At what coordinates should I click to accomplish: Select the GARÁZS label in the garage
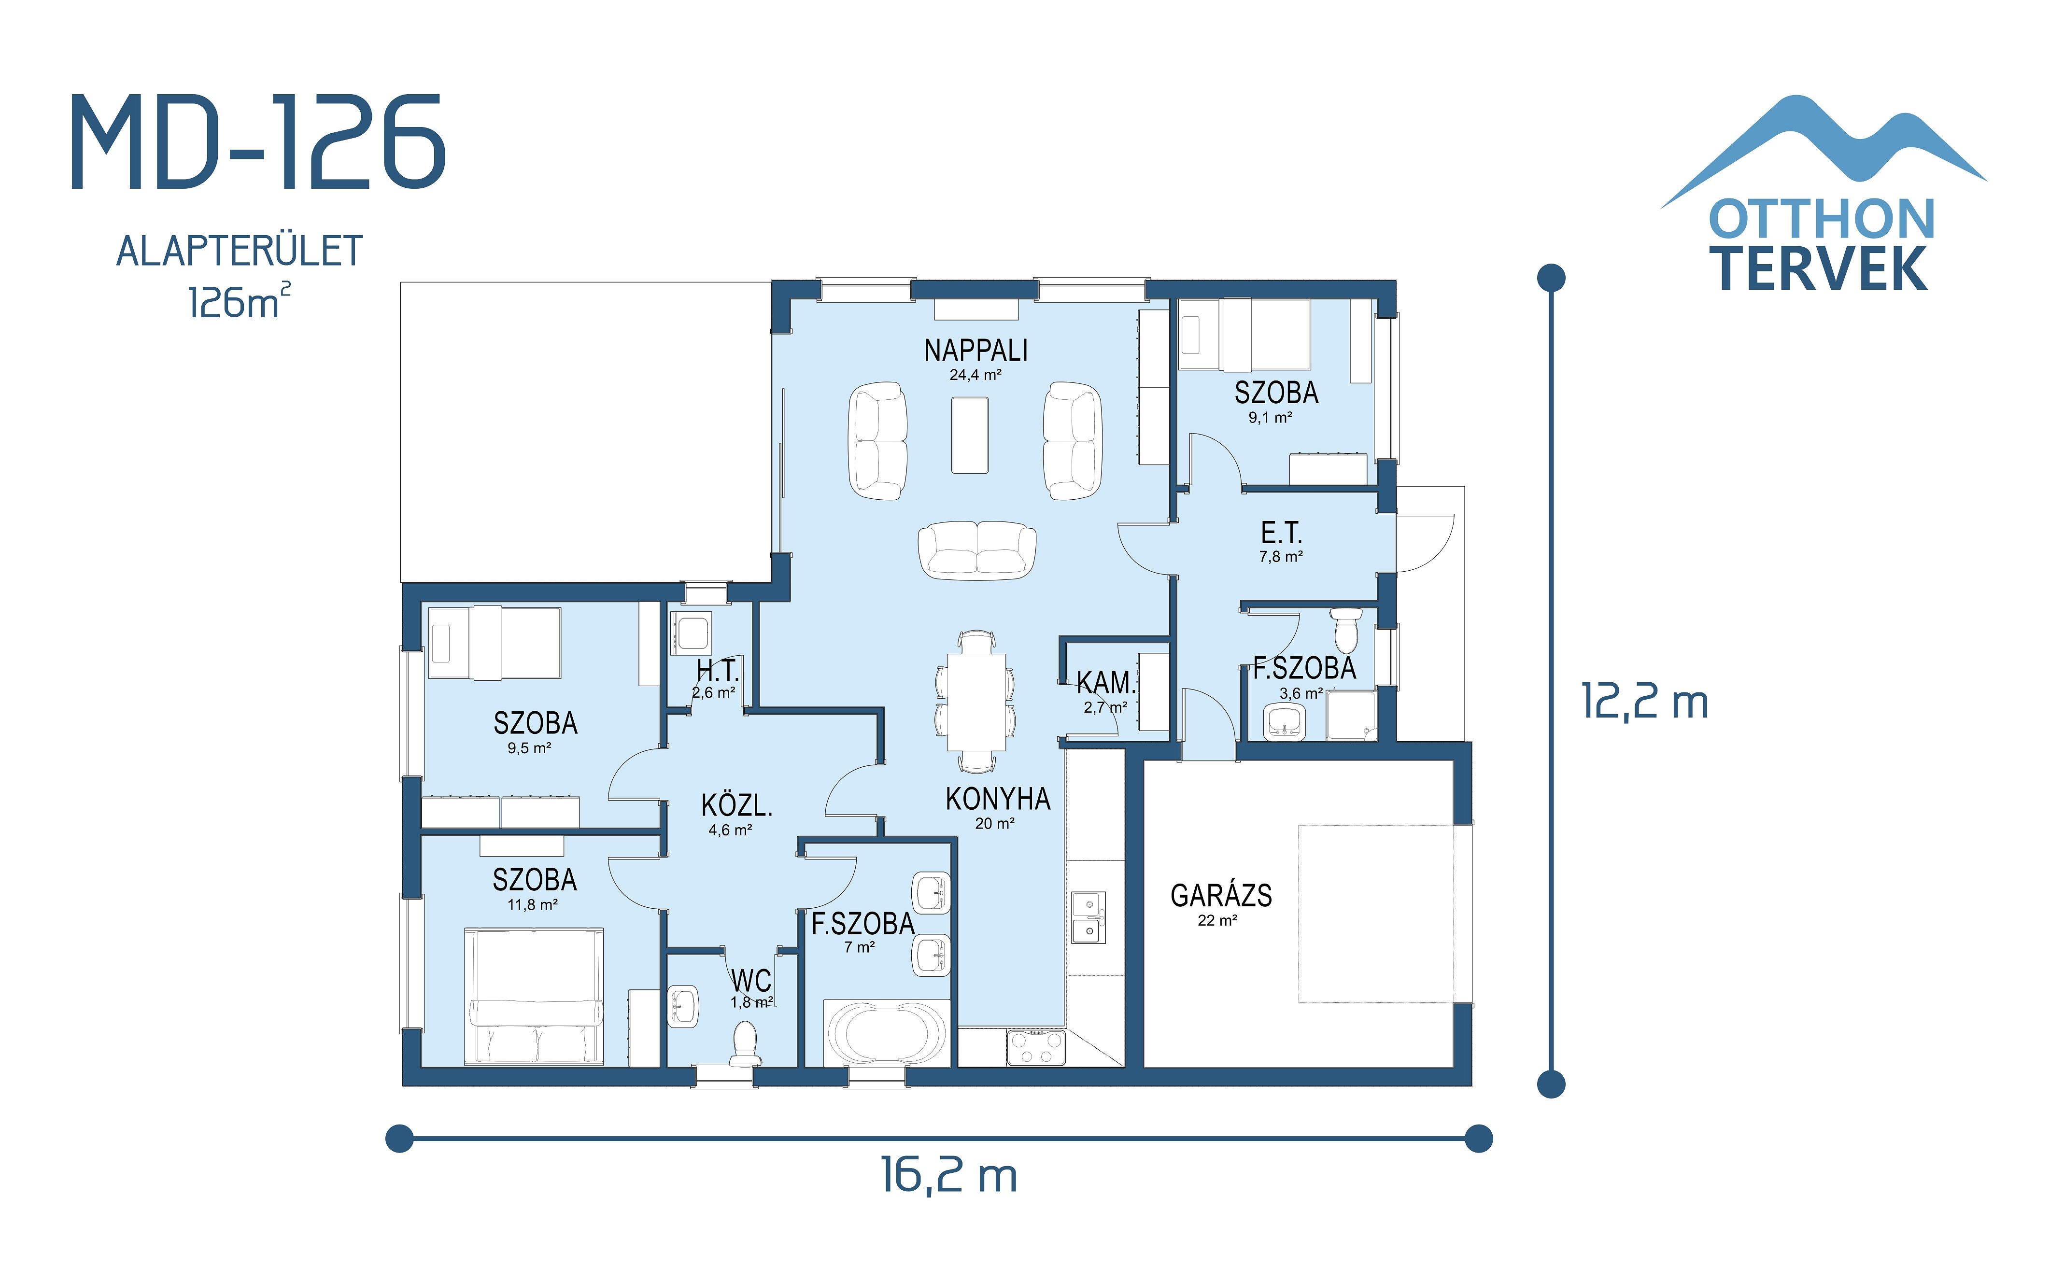coord(1221,896)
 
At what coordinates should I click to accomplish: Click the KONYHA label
coord(997,799)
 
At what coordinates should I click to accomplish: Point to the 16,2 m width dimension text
coord(949,1176)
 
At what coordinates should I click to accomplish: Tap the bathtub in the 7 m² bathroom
coord(886,1034)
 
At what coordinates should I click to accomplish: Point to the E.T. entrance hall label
coord(1281,533)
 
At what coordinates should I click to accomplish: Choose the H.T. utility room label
coord(718,671)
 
